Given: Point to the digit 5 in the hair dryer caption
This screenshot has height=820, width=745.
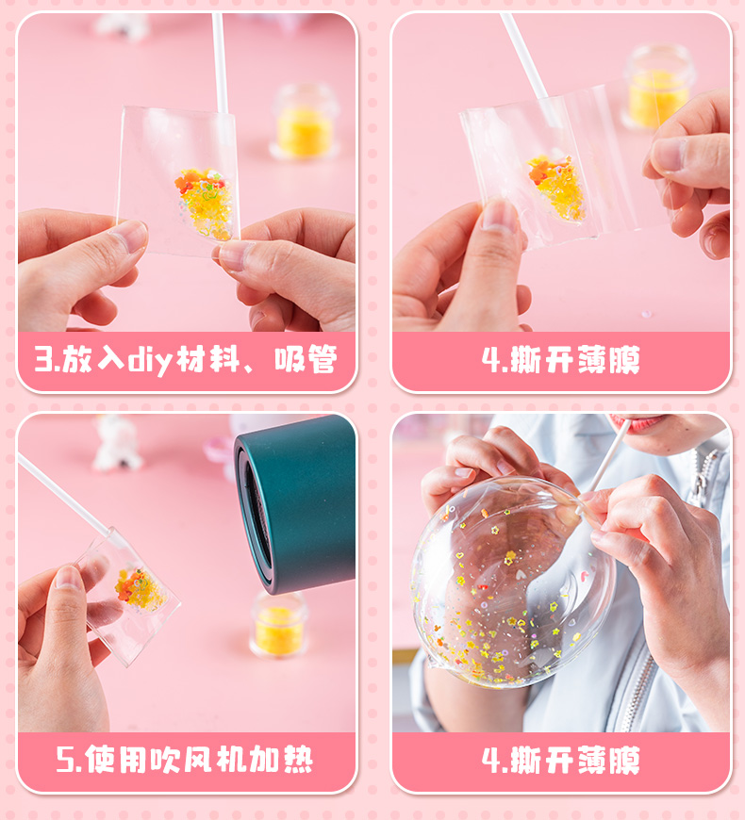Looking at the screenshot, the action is point(65,760).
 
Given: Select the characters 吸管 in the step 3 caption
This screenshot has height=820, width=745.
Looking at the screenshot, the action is point(306,359).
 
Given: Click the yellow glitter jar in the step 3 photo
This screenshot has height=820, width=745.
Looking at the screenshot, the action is point(304,122).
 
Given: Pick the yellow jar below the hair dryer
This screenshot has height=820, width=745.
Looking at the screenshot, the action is point(279,624).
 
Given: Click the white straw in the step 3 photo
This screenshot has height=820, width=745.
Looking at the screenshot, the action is point(221,63).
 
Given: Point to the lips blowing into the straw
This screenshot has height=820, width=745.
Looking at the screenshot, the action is point(642,421).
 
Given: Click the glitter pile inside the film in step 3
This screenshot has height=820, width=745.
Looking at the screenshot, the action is point(205,203).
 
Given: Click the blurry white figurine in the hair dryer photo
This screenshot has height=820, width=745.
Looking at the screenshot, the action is point(117,444).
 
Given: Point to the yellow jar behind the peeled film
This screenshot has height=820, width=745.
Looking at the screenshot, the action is point(659,88).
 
